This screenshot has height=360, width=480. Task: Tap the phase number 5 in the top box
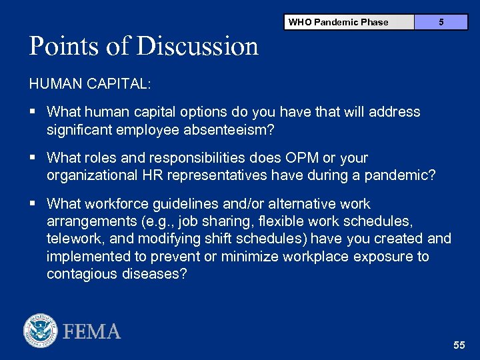click(x=441, y=22)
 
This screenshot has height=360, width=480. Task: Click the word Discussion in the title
click(x=198, y=47)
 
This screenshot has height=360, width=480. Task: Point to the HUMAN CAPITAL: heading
click(x=90, y=84)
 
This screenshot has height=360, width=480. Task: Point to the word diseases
click(x=155, y=275)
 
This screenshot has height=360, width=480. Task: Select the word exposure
click(x=376, y=257)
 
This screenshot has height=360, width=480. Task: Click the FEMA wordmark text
click(x=92, y=331)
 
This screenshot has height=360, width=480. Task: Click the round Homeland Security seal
click(x=41, y=331)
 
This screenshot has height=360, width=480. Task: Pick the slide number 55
click(x=459, y=345)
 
